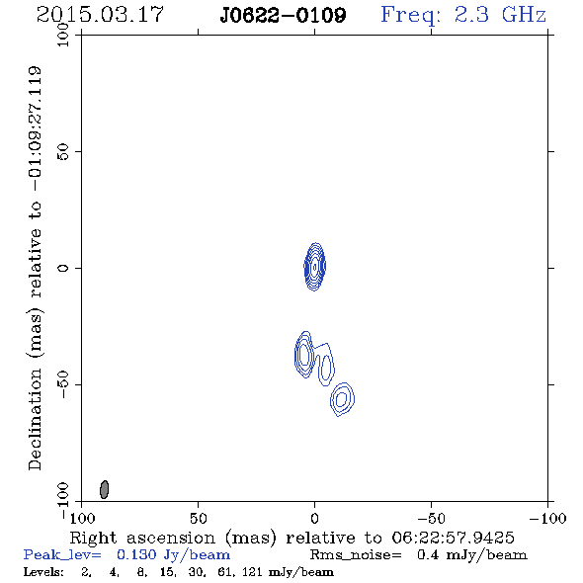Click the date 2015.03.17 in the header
100,15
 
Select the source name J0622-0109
283,16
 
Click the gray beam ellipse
105,489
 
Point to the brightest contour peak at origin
315,267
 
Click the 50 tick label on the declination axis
63,152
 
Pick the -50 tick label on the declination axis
63,384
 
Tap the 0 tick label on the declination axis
63,268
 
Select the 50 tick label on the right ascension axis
198,518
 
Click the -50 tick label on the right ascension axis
431,518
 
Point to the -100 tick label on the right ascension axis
547,518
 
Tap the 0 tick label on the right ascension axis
314,518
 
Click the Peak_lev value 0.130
136,554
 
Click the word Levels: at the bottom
43,571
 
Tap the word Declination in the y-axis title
35,419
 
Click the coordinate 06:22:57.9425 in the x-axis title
453,538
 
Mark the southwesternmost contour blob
343,399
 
